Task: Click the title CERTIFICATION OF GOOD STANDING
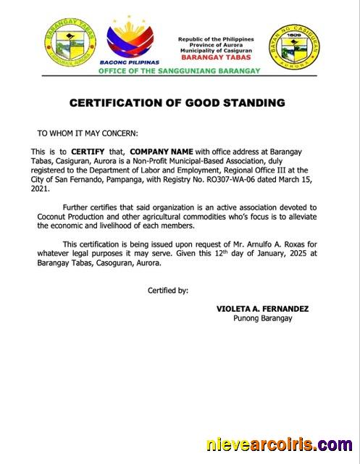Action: coord(177,103)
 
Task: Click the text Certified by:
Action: coord(168,290)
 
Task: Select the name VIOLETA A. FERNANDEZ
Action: coord(262,308)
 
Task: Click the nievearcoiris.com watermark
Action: coord(279,444)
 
